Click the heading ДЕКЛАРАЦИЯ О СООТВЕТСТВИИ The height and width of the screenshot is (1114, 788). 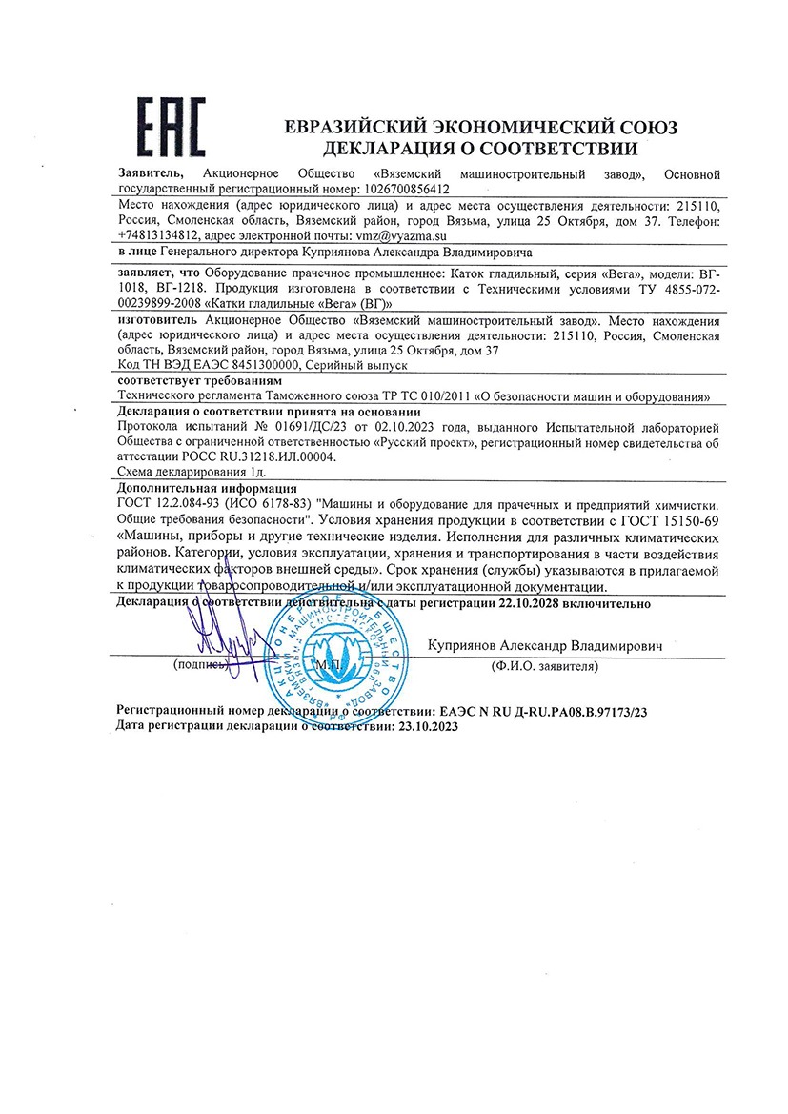pyautogui.click(x=481, y=149)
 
